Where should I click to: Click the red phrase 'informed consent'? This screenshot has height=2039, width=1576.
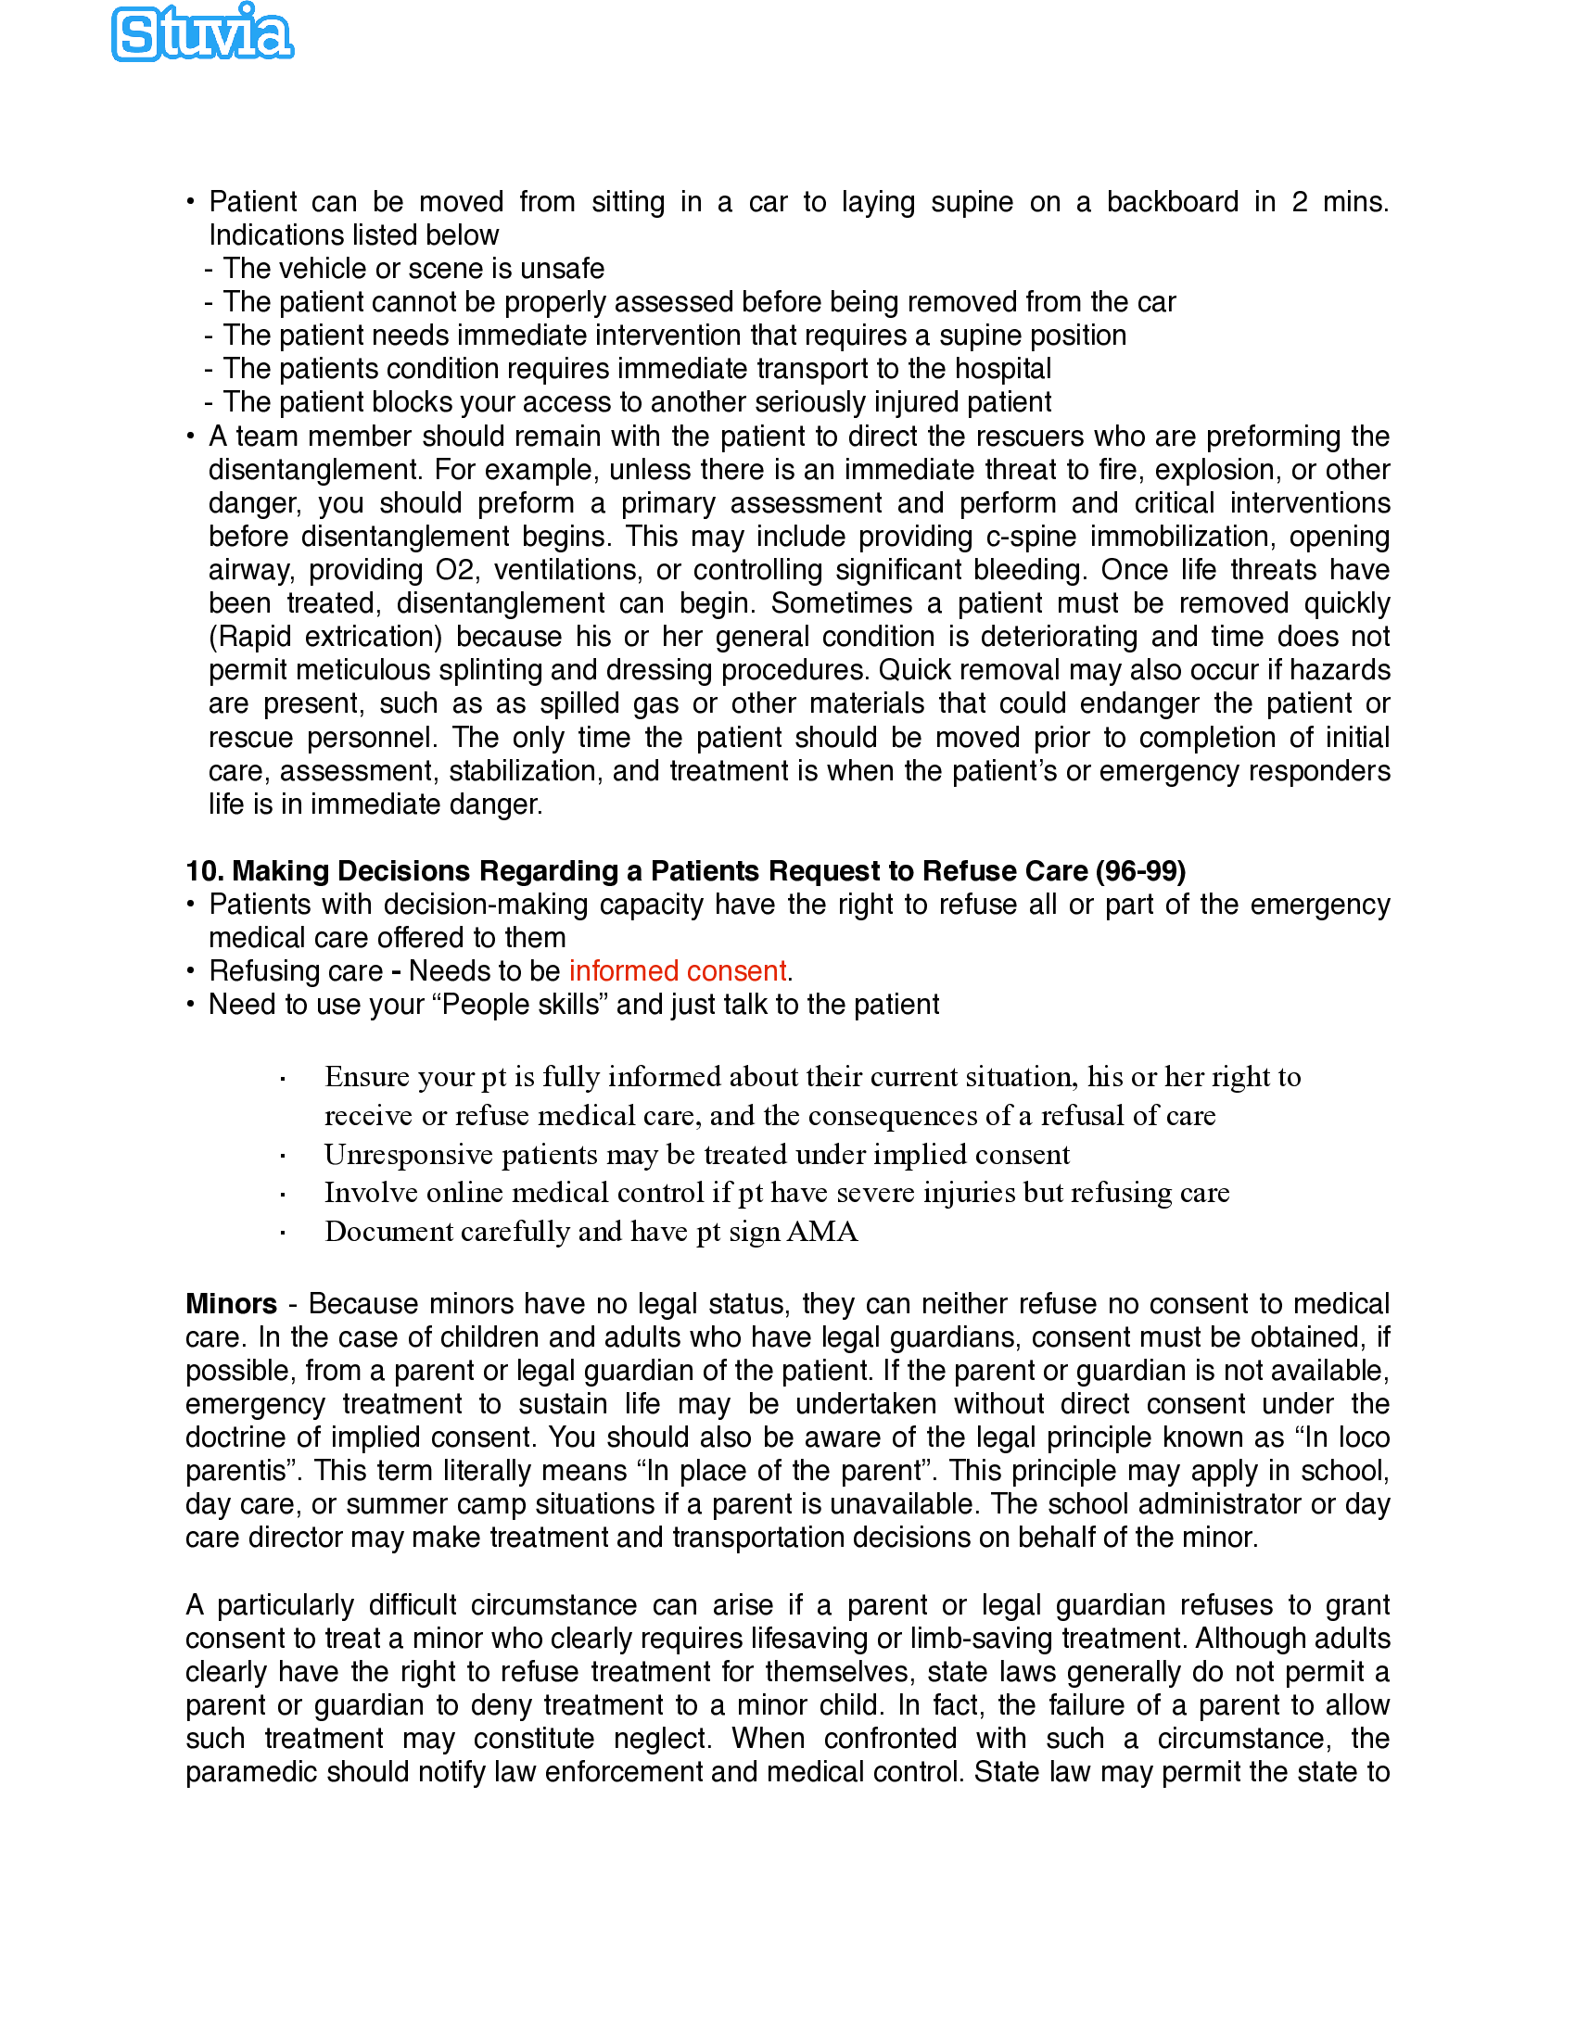(x=678, y=971)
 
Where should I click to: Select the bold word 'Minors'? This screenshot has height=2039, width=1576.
(x=231, y=1303)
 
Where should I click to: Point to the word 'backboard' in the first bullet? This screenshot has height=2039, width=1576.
(x=1172, y=202)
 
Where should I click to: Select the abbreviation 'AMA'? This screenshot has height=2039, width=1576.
(x=821, y=1232)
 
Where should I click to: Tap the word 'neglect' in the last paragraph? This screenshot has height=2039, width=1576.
(x=663, y=1739)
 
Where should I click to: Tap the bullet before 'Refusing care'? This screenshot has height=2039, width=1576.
(x=190, y=972)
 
